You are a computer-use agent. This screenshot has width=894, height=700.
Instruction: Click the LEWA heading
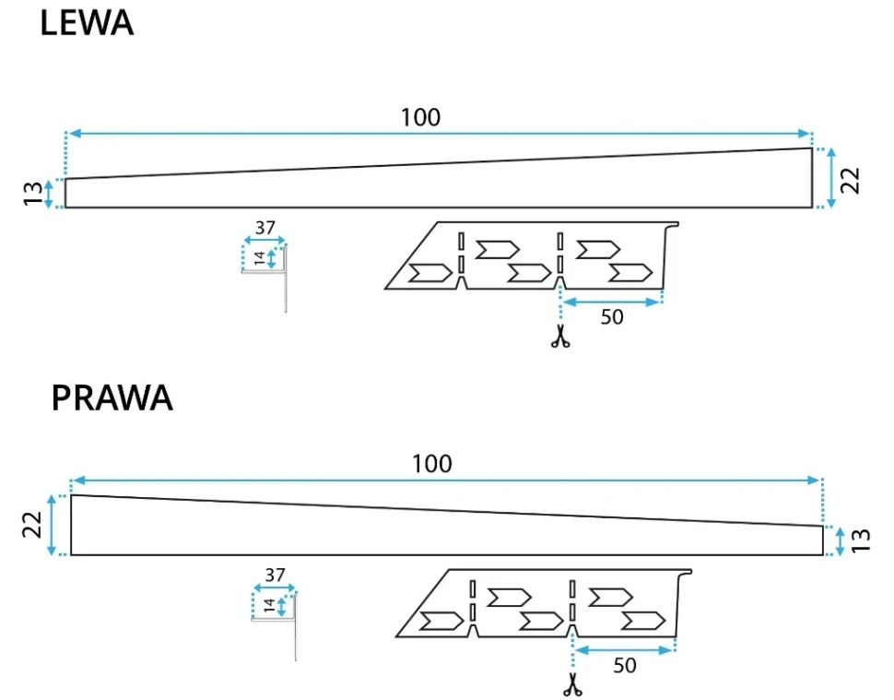[x=87, y=24]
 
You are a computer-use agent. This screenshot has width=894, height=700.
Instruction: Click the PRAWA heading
[x=112, y=397]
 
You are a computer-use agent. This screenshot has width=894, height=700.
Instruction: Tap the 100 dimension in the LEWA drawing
[x=420, y=117]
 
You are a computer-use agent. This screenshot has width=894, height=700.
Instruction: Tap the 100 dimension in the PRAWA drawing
[x=431, y=463]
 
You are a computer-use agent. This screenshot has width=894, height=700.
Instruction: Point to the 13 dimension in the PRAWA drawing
[x=861, y=540]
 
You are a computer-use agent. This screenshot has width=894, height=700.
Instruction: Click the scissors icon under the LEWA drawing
[x=559, y=337]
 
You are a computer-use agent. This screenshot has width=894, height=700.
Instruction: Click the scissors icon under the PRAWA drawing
[x=572, y=685]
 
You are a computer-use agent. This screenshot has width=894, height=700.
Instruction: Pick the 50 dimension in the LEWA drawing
[x=612, y=317]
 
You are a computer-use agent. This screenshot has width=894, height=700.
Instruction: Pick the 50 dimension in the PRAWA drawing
[x=624, y=665]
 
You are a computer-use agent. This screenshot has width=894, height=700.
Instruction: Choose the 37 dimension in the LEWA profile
[x=265, y=228]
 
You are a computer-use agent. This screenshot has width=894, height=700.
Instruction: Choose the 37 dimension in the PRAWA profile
[x=275, y=575]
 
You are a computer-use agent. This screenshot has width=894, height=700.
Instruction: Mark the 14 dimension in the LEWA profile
[x=259, y=258]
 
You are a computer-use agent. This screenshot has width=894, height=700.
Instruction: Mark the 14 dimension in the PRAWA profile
[x=269, y=606]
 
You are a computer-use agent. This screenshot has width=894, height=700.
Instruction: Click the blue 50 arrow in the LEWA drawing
[x=612, y=302]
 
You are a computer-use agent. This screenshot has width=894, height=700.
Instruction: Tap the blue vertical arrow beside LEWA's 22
[x=831, y=178]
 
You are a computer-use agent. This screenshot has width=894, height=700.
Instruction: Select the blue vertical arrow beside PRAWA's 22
[x=53, y=525]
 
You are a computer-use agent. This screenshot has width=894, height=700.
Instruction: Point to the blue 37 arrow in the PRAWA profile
[x=275, y=587]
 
